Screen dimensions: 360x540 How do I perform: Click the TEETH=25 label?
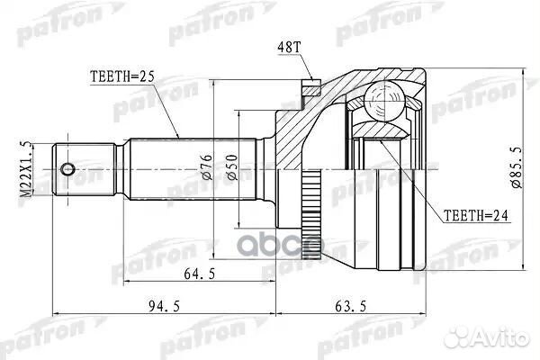pos(122,78)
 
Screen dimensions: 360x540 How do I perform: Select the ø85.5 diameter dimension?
pos(517,168)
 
